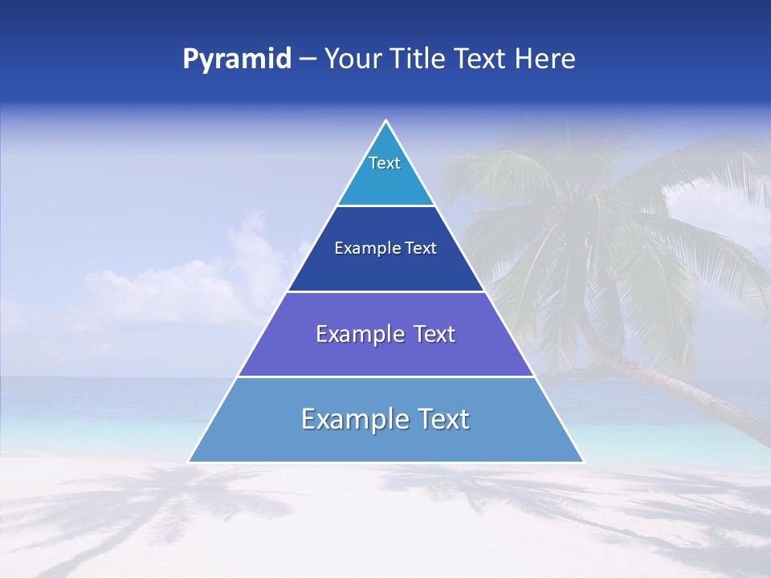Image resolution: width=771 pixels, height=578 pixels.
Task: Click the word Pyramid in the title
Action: [x=237, y=59]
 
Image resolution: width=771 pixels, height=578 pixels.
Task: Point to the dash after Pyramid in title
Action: [x=308, y=59]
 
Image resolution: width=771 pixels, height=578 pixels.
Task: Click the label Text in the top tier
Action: [x=385, y=163]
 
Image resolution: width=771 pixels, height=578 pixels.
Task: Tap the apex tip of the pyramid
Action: [x=386, y=121]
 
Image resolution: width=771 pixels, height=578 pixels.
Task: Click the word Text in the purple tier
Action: [x=434, y=334]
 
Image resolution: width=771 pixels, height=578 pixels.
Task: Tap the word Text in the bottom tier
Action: [x=444, y=419]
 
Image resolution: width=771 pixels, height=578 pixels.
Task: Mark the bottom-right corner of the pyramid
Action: [x=583, y=462]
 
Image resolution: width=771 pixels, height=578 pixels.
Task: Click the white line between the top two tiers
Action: [x=386, y=206]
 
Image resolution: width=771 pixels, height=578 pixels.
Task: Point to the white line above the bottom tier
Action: [x=386, y=377]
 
